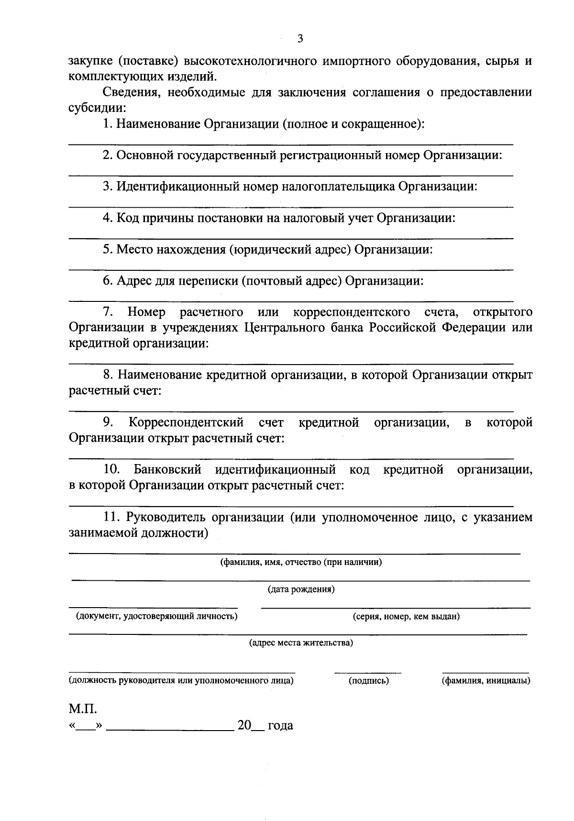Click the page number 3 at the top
[300, 39]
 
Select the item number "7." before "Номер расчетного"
[108, 312]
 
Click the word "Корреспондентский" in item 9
[186, 422]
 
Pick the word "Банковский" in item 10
[167, 469]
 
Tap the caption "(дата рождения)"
[300, 589]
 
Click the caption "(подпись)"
[368, 680]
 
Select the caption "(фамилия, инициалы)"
[486, 680]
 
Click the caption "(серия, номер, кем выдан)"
[406, 617]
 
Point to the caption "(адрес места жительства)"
[300, 643]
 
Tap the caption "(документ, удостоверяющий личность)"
[154, 616]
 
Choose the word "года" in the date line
[280, 726]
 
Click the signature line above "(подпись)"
[367, 672]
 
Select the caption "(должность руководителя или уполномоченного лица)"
[181, 680]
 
